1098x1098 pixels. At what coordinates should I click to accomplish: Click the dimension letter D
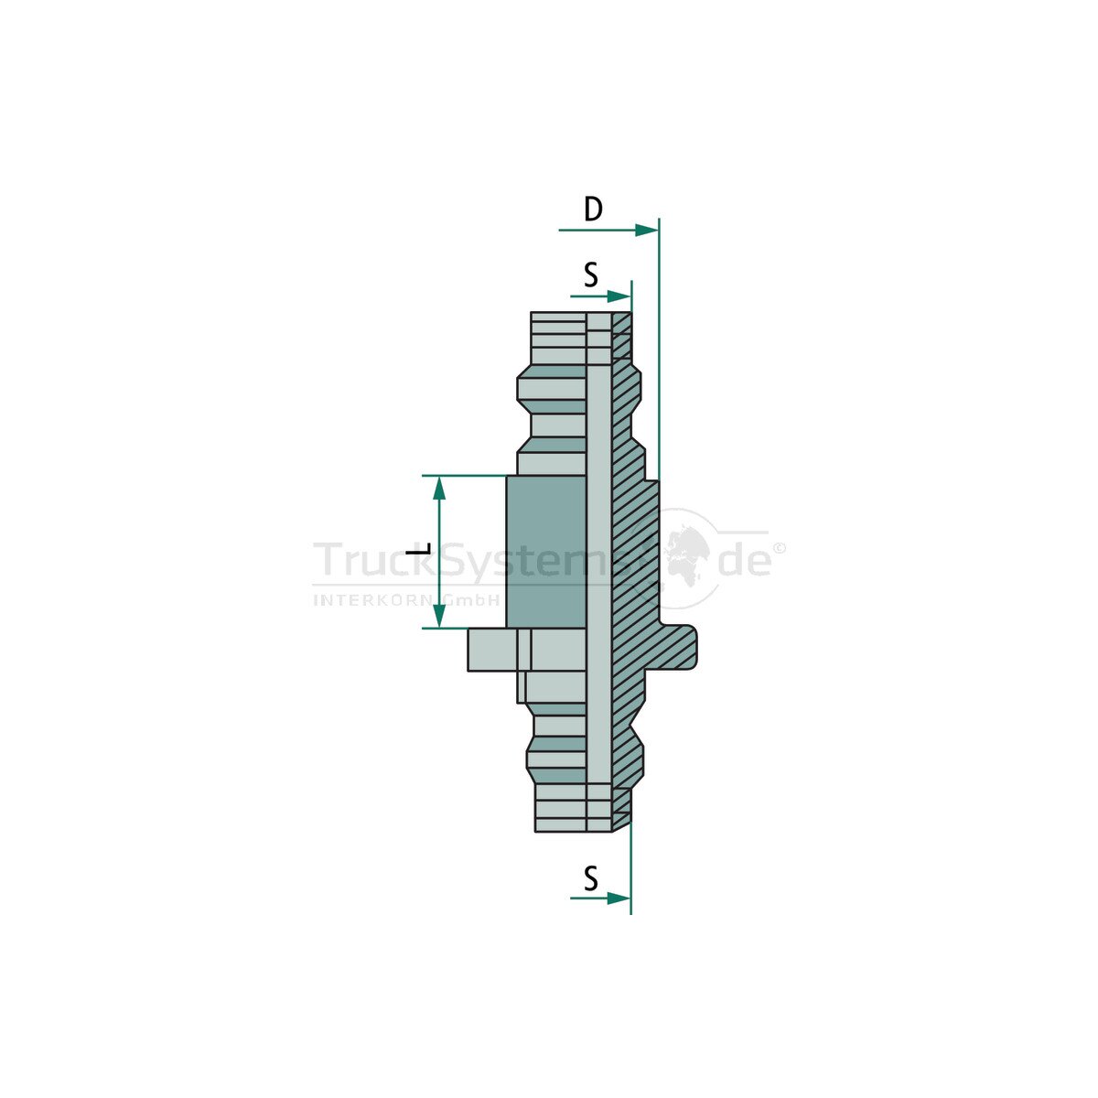593,210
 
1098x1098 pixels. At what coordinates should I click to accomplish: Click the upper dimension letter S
591,275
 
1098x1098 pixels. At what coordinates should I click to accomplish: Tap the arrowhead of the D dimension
647,231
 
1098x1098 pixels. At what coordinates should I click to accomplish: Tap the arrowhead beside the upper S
619,296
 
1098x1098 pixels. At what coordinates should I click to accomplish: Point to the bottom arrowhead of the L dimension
439,616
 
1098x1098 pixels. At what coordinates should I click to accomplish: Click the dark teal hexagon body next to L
546,552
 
